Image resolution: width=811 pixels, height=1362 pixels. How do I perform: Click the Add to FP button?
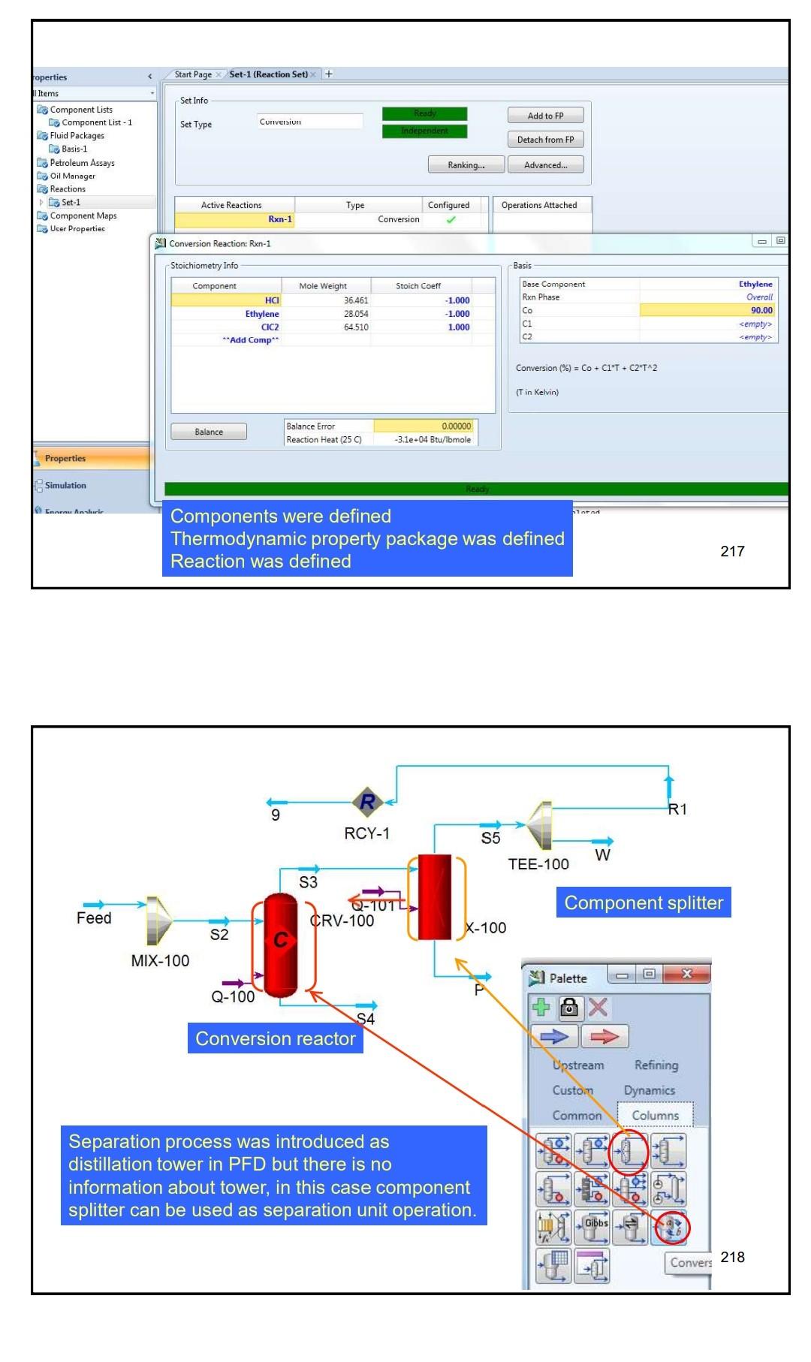(x=545, y=116)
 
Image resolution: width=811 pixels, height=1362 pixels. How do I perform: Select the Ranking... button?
(x=466, y=165)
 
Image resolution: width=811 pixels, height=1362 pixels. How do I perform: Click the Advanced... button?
(x=545, y=165)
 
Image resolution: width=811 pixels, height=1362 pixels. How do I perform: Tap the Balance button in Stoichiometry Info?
(x=209, y=432)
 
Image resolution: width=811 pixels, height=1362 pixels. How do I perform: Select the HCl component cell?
(x=226, y=300)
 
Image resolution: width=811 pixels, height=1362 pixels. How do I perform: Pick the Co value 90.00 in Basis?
(x=708, y=310)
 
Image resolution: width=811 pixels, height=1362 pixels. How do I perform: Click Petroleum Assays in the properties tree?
(x=82, y=163)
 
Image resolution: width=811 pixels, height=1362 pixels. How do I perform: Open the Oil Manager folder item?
(x=72, y=176)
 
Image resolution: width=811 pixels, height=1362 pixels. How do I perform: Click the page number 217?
(x=732, y=551)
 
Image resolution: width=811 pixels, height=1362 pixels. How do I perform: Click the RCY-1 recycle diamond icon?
(x=368, y=802)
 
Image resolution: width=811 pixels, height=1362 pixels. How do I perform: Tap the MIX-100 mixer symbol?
(x=158, y=921)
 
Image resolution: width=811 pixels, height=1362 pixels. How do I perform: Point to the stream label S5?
(x=490, y=839)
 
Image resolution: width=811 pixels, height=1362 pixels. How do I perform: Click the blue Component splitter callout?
(x=643, y=902)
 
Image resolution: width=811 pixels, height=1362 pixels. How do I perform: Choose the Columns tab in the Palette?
(x=655, y=1115)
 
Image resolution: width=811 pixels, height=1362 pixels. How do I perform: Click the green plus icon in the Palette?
(x=541, y=1008)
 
